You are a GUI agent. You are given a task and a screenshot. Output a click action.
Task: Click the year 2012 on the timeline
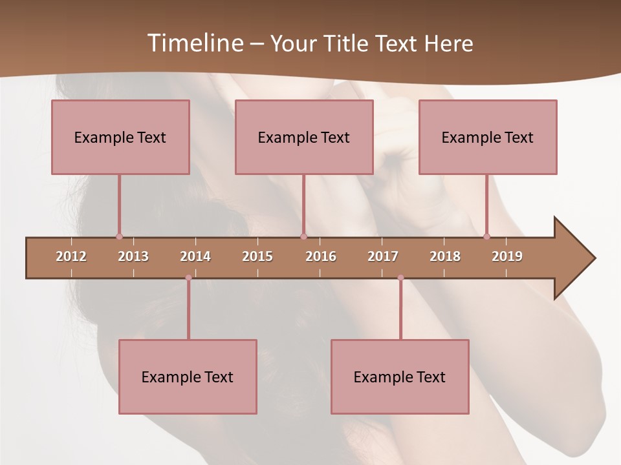71,256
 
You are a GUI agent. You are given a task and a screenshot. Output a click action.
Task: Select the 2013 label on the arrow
133,256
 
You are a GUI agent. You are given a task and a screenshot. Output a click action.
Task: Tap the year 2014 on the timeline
195,256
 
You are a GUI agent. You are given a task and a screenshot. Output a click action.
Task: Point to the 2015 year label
257,256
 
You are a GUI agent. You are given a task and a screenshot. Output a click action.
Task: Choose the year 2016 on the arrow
321,256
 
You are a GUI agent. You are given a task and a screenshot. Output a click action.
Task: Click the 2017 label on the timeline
383,256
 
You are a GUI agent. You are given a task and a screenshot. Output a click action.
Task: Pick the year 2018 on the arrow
445,256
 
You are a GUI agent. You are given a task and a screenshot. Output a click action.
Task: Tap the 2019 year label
507,256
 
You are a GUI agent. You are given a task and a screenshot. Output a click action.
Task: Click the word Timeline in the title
193,43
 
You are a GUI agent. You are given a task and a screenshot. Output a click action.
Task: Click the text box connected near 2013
120,137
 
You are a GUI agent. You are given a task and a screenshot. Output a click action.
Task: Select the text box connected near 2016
304,137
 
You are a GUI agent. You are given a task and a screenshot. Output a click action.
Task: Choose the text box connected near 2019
488,137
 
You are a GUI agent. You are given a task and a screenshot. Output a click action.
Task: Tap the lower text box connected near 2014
188,377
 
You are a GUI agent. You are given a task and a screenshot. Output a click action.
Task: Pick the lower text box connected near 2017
400,377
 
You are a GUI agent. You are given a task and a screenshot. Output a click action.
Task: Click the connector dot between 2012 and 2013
119,236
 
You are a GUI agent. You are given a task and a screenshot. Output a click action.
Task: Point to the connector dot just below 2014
188,278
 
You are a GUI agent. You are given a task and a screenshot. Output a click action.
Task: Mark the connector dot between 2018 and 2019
486,236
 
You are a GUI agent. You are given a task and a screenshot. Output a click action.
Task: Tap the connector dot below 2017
400,278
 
